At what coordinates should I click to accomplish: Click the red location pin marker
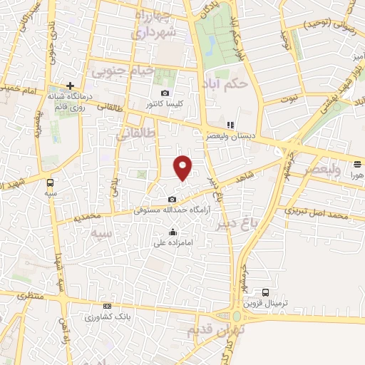coord(183,168)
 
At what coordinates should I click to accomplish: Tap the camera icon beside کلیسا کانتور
coord(165,93)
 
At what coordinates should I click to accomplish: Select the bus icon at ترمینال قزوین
coord(266,292)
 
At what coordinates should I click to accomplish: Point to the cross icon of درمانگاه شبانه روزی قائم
coord(70,86)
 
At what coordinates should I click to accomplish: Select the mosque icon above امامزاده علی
coord(173,231)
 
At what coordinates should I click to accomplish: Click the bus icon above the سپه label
coord(50,181)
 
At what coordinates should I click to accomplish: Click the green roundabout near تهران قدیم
coord(237,316)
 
